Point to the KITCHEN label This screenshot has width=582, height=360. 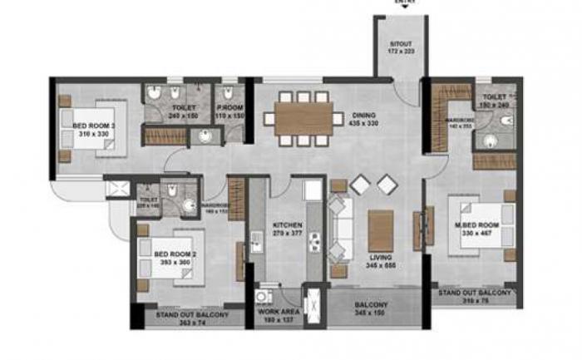(286, 226)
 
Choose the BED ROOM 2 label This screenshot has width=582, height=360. (175, 254)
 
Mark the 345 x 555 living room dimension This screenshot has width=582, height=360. (381, 266)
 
